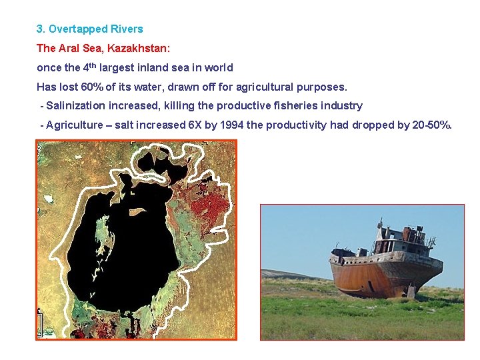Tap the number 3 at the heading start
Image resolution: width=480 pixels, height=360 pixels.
[x=39, y=29]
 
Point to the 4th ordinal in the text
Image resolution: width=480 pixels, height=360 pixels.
[x=89, y=67]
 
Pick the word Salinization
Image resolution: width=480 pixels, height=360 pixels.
[x=76, y=105]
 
